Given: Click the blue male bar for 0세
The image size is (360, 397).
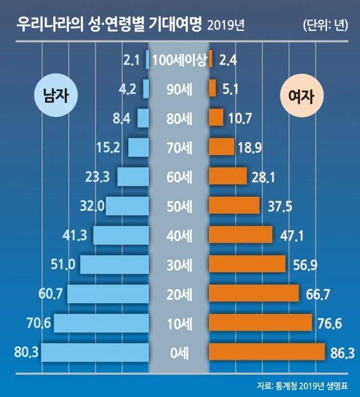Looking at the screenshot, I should click(95, 352).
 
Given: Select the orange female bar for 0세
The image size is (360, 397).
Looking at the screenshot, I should click(267, 352).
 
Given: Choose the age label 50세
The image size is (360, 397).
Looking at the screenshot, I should click(179, 206).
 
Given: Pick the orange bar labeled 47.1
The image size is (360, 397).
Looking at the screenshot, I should click(241, 235).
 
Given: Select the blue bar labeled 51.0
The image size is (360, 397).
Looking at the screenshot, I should click(115, 264).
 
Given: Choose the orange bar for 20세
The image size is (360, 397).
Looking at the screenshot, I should click(254, 294).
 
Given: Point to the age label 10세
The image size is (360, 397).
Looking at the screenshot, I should click(179, 323).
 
